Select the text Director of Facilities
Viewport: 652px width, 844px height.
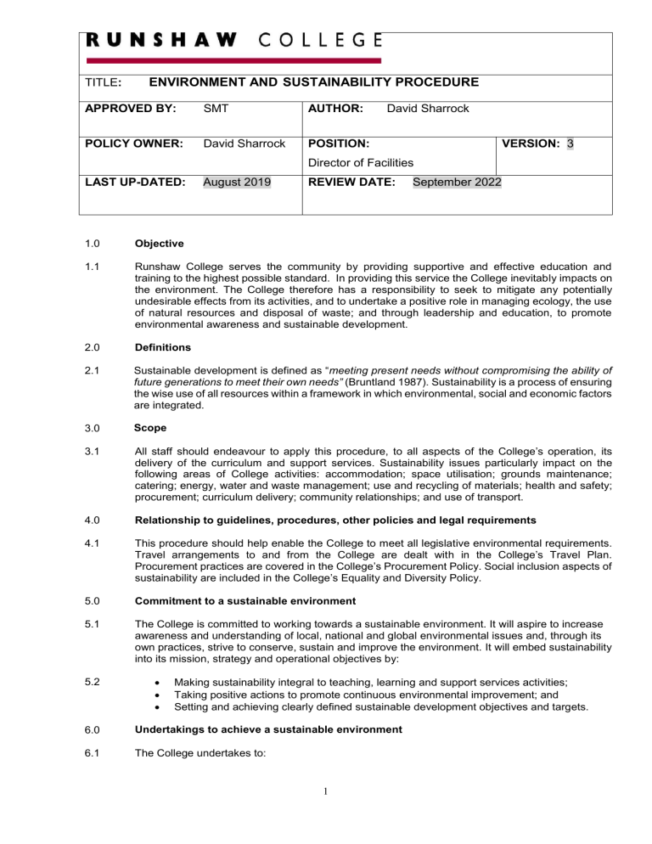(x=360, y=161)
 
